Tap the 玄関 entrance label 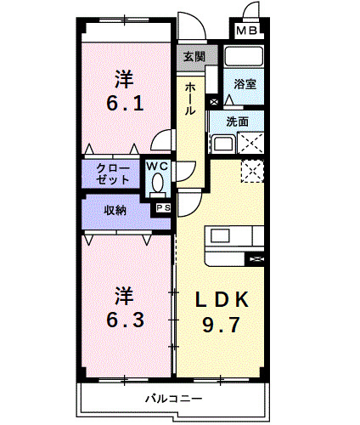coord(193,57)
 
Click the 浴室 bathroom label coord(245,84)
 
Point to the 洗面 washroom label coord(239,122)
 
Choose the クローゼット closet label coord(113,173)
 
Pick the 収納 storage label coord(115,210)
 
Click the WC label coord(157,167)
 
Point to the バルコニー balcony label coord(173,399)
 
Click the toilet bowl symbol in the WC coord(157,182)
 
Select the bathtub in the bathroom coord(245,57)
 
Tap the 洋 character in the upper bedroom coord(125,79)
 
